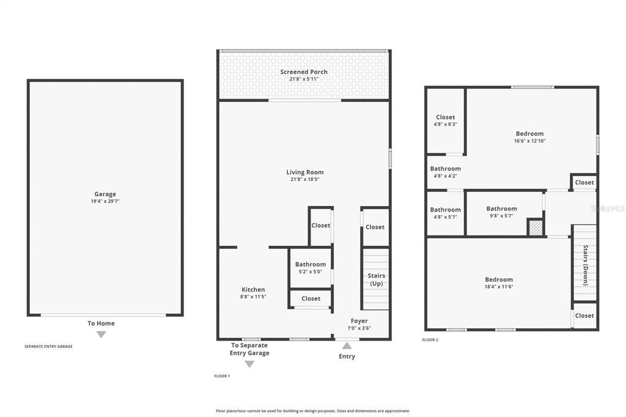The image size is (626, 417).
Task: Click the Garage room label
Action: coord(105,194)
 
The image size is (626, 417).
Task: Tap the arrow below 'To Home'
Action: coord(101,334)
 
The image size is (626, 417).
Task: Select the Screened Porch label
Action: coord(304,72)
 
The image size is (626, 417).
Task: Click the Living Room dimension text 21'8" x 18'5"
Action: coord(304,180)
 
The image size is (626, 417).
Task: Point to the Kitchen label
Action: coord(253,290)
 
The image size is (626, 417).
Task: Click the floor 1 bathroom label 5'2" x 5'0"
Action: coord(311,272)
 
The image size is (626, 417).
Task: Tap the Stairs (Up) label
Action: coord(376,279)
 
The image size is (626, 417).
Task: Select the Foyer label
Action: coord(359,321)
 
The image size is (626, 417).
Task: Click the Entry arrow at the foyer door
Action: coord(347,346)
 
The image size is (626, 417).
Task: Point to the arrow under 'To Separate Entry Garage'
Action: coord(249,364)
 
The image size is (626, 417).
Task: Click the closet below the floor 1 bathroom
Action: coord(311,298)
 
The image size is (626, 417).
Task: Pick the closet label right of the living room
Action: coord(375,227)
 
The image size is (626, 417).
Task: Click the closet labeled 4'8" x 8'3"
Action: coord(445,117)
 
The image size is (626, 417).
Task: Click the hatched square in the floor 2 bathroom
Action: coord(536,227)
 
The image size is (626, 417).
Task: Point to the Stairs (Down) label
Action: coord(585,265)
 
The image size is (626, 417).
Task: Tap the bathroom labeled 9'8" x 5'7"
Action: coord(501,208)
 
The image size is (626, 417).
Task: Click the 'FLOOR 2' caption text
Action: coord(430,339)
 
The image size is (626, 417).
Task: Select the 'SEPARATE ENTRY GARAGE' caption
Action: coord(48,347)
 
